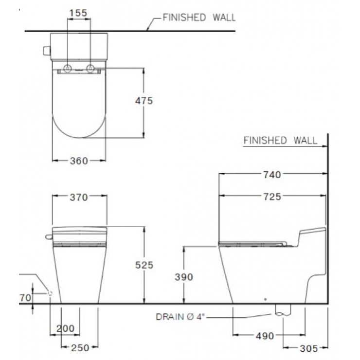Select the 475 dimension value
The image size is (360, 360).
(x=144, y=101)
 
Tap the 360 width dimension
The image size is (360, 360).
(x=78, y=161)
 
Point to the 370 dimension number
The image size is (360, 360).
(x=78, y=197)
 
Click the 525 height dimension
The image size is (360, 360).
(x=144, y=265)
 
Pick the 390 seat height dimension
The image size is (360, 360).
(x=183, y=277)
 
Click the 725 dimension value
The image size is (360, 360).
(x=272, y=197)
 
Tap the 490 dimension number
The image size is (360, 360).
(x=265, y=335)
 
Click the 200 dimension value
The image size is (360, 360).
(x=65, y=329)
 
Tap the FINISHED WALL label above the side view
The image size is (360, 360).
(x=280, y=141)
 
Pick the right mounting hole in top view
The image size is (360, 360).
(x=90, y=68)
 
